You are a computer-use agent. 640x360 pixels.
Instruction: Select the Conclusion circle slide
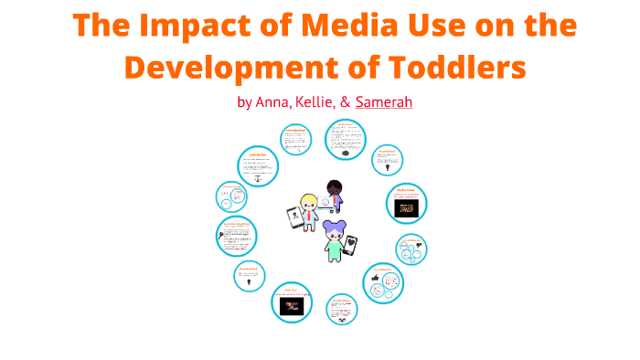(x=257, y=167)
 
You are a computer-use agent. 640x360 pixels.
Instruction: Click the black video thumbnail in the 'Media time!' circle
(x=407, y=208)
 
